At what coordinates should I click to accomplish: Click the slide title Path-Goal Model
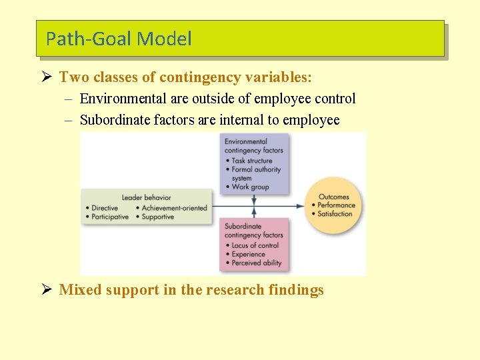119,39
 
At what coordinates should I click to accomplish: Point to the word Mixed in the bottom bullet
79,289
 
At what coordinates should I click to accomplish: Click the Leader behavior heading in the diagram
146,197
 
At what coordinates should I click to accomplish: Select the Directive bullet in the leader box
105,207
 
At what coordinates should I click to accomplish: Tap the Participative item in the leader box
109,217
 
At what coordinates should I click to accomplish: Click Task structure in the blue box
252,160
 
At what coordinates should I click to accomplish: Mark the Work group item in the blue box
250,187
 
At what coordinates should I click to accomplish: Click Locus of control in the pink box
257,245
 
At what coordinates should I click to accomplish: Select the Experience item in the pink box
248,254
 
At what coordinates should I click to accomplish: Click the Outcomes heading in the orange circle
333,197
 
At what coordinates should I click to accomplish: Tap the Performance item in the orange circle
336,205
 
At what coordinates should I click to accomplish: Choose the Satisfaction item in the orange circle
335,214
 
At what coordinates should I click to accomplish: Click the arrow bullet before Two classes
46,77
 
